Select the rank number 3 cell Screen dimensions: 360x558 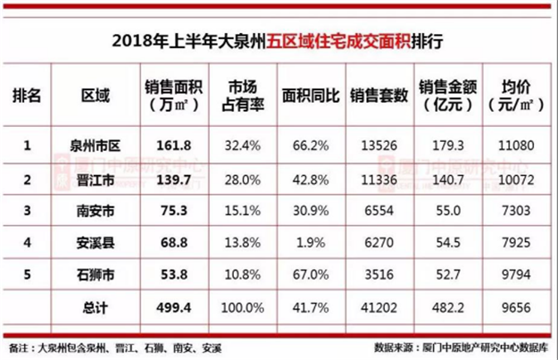29,210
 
